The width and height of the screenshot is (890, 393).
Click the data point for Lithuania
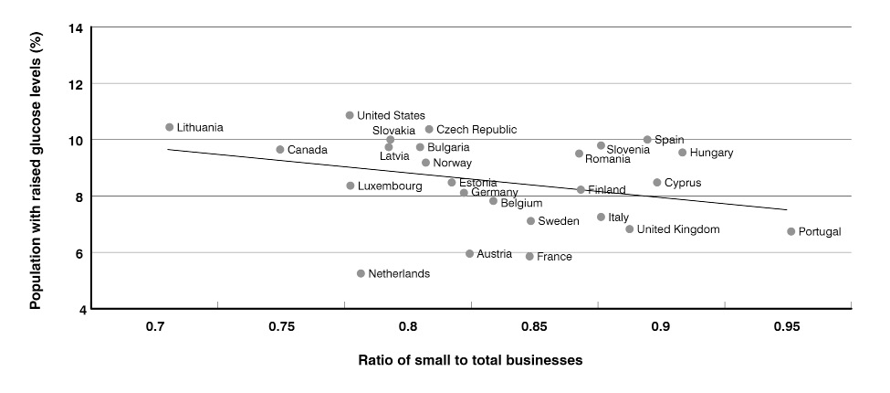170,127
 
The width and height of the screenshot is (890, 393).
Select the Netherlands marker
361,273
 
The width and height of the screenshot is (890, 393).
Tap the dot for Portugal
791,231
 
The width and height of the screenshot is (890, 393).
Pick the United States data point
350,115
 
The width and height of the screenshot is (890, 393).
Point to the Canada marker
280,149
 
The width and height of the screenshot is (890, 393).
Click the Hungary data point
683,153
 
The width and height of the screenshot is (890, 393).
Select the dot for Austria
469,253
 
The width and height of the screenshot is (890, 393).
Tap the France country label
554,257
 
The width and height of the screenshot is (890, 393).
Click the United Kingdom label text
678,229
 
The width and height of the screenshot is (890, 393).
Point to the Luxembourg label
390,186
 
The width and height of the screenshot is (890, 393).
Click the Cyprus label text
683,183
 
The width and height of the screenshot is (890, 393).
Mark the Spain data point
647,140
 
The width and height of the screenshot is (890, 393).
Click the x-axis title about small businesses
470,360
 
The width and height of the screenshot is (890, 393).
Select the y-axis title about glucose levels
36,168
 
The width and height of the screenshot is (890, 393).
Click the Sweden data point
530,221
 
